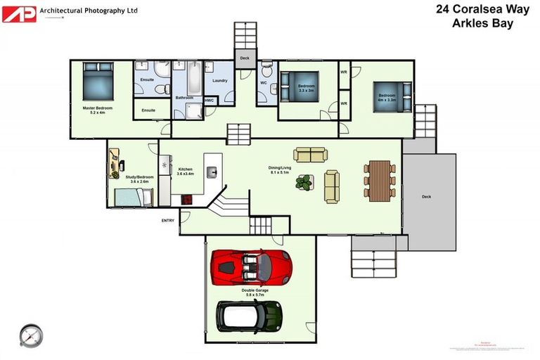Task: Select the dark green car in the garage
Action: (x=249, y=316)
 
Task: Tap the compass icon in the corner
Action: (x=31, y=335)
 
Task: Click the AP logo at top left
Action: (x=19, y=13)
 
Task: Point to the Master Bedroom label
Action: (x=97, y=110)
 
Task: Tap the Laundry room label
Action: (x=219, y=81)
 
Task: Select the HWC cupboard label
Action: (x=210, y=101)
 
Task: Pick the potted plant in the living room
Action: (x=304, y=182)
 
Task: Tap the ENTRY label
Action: (x=168, y=220)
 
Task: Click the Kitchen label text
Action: (x=185, y=169)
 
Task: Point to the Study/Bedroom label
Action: (x=139, y=177)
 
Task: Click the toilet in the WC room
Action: (x=266, y=72)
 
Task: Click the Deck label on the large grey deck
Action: (x=426, y=197)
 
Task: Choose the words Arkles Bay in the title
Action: (x=482, y=23)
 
